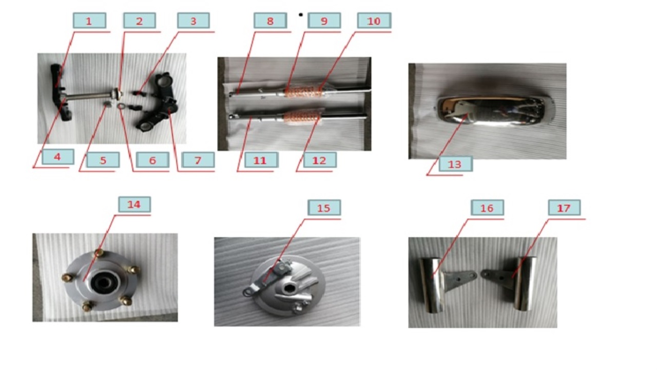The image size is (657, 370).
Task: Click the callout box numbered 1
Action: pos(89,21)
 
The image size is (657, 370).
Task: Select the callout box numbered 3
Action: pos(194,21)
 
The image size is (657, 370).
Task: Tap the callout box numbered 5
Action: pos(103,160)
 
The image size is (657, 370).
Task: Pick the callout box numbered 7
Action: pos(198,160)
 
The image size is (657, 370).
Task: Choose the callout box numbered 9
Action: pos(324,21)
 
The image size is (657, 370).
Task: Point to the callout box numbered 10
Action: pos(374,21)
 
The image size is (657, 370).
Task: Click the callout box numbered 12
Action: pos(320,160)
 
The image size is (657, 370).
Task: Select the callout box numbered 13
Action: pos(455,164)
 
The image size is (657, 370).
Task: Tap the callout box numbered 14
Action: pos(134,205)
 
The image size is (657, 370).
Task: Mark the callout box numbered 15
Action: pos(324,208)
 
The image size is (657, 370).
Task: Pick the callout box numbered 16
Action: pos(488,208)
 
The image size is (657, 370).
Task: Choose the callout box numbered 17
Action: pos(564,208)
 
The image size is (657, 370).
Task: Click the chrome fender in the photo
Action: pos(494,111)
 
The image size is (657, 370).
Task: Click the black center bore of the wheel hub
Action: pos(102,283)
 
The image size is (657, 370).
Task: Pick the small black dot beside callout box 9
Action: pos(301,14)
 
